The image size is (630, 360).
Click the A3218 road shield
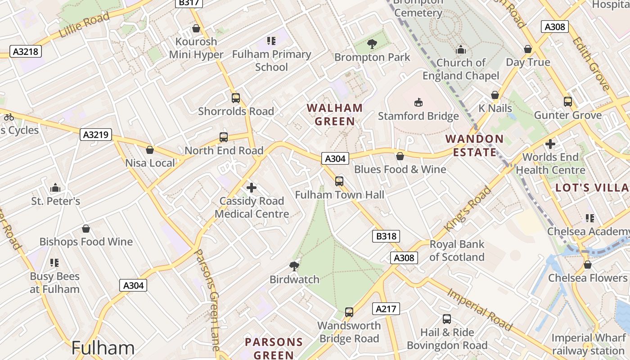[x=25, y=51]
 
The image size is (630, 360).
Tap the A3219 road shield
[x=96, y=134]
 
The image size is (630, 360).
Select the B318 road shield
[x=386, y=236]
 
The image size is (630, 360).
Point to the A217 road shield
[x=386, y=309]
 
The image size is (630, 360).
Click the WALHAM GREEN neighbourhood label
[x=335, y=114]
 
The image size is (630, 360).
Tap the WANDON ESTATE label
[x=474, y=145]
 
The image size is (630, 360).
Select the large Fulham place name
[x=103, y=348]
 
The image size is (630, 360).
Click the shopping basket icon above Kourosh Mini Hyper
[x=196, y=29]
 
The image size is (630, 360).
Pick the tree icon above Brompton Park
[x=372, y=44]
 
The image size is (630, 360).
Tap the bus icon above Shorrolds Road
[x=235, y=98]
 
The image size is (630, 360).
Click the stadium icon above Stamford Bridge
[x=418, y=103]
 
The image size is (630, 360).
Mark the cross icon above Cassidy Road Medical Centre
[x=252, y=187]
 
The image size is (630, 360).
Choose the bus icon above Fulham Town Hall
[x=339, y=181]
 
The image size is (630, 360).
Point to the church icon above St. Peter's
[x=55, y=187]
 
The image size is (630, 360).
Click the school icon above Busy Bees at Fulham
[x=54, y=262]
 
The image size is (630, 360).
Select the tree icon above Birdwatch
[x=294, y=265]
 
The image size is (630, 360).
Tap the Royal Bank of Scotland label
[x=457, y=251]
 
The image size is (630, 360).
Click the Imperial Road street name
[x=480, y=309]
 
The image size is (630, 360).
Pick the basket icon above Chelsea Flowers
[x=587, y=265]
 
